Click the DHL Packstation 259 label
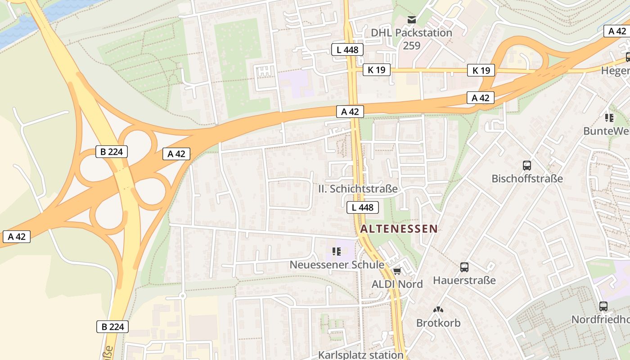tap(411, 39)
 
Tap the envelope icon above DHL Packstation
tap(411, 20)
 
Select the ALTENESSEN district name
tap(399, 229)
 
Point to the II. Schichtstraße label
tap(358, 189)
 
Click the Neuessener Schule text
tap(337, 265)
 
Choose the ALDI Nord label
tap(397, 284)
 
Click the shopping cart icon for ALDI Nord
tap(397, 271)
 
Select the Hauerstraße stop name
tap(464, 280)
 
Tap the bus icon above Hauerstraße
tap(464, 267)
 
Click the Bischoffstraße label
tap(527, 178)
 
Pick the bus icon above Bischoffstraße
tap(527, 165)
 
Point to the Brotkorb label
tap(438, 323)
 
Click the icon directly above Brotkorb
tap(438, 310)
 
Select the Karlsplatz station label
tap(361, 355)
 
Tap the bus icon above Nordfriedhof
tap(603, 306)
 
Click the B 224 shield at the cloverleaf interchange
tap(112, 152)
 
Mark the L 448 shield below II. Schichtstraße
tap(362, 207)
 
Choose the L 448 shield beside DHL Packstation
tap(347, 49)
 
